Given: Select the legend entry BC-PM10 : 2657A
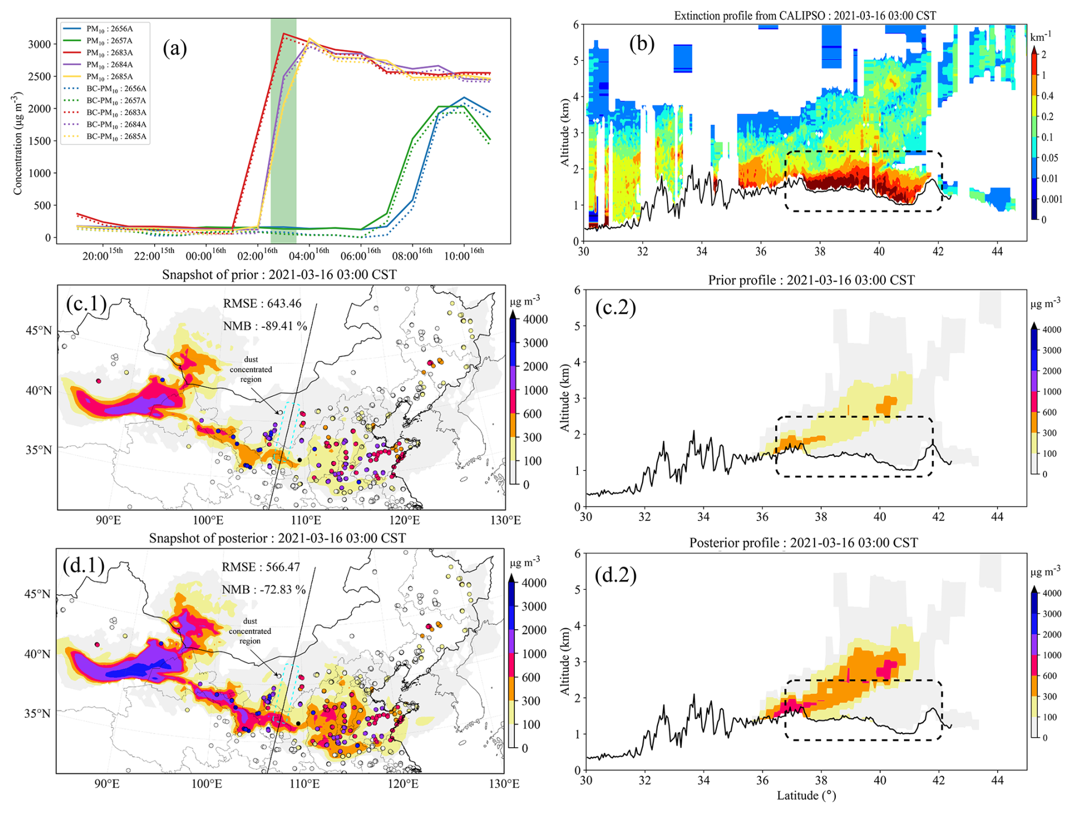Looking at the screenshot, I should click(x=116, y=100).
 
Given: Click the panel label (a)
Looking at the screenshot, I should click(x=175, y=49).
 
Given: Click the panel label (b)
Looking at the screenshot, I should click(x=641, y=43).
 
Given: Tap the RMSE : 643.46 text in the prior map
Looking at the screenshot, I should click(x=262, y=303).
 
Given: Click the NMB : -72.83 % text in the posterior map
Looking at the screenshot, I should click(x=264, y=590).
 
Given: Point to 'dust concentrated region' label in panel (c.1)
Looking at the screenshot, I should click(x=251, y=369).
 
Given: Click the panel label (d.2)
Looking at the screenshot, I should click(x=615, y=575).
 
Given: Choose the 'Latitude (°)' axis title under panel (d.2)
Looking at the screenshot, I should click(x=806, y=795).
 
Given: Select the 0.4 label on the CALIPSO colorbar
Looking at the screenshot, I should click(x=1047, y=96).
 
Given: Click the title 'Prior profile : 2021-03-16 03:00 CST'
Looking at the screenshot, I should click(x=811, y=280).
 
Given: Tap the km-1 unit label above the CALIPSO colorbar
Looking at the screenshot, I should click(x=1040, y=36).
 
